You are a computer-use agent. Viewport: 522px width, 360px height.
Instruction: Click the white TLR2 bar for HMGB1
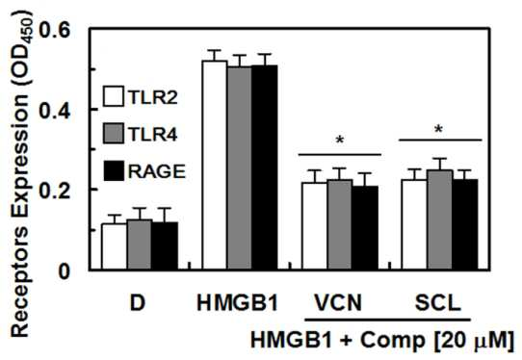(x=215, y=165)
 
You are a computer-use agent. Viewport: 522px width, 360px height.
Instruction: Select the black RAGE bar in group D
(x=165, y=245)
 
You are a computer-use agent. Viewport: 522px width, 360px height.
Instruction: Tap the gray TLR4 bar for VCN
(x=340, y=224)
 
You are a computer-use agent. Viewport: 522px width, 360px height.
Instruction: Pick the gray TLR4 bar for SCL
(x=440, y=219)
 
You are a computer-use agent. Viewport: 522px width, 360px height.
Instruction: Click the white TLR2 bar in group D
(x=115, y=246)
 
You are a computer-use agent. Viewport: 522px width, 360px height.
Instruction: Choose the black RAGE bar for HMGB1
(x=264, y=167)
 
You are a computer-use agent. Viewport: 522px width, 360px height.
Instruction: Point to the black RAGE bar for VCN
(x=365, y=228)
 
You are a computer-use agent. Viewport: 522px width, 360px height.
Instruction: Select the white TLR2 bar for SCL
(x=414, y=224)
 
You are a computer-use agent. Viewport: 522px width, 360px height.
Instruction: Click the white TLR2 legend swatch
(x=114, y=96)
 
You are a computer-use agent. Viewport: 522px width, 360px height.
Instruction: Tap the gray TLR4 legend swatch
(x=114, y=134)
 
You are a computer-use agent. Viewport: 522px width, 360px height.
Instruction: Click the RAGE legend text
(x=157, y=171)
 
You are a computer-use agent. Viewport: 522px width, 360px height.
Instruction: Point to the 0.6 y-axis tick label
(x=55, y=30)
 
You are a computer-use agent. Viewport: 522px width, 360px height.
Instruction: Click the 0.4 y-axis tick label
(x=55, y=111)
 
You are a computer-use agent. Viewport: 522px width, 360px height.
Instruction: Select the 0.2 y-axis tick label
(x=55, y=191)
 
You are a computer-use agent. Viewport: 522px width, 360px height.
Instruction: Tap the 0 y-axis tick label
(x=65, y=271)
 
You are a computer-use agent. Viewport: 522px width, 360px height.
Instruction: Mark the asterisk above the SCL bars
(x=439, y=129)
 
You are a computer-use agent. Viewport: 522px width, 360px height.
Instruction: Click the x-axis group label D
(x=138, y=303)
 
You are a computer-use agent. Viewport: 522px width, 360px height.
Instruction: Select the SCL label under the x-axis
(x=438, y=303)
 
